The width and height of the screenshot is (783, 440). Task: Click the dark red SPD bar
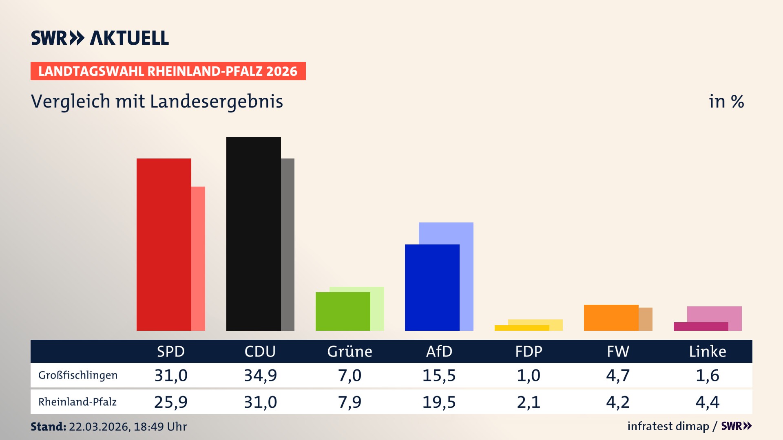[164, 244]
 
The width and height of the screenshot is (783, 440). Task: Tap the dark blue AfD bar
[432, 287]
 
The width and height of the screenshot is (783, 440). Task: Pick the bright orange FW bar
[611, 317]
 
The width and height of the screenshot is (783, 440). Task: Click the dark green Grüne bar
[343, 311]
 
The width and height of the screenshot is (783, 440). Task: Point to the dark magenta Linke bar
[701, 326]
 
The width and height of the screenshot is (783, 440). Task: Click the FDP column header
[529, 352]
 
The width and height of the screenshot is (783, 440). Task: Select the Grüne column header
[349, 352]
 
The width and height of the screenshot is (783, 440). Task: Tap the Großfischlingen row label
[78, 375]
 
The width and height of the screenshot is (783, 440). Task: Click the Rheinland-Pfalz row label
[77, 402]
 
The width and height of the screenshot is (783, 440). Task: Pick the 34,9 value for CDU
[260, 375]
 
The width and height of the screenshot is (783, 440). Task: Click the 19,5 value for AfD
[439, 402]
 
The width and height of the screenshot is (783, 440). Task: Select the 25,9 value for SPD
[171, 402]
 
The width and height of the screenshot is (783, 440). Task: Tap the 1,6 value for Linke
[707, 375]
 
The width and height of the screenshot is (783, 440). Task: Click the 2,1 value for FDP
[529, 402]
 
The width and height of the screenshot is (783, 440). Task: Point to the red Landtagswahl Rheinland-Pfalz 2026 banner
[168, 71]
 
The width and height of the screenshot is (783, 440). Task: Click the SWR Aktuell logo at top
[100, 38]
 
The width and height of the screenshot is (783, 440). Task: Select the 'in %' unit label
[726, 101]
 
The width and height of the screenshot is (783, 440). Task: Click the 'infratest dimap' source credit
[668, 426]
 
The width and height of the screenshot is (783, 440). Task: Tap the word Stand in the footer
[48, 427]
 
